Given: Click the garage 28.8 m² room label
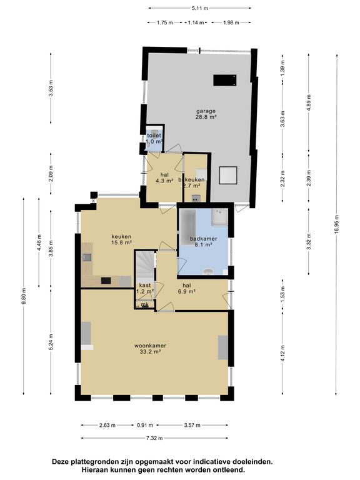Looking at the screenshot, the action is point(206,114).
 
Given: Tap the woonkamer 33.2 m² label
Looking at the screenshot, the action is point(150,349).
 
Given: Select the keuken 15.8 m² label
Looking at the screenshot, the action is point(121,239).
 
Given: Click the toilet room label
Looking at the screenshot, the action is point(154,135).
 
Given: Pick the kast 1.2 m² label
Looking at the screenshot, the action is point(145,288).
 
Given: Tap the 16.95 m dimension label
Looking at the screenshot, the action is point(336,225).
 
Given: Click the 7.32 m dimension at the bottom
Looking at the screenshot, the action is point(154,438).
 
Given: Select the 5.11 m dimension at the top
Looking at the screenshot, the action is point(200,8).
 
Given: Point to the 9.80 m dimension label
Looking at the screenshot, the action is point(24,296).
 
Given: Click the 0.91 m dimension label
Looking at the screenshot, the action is point(145,425).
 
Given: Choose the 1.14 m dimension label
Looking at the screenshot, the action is point(196,22).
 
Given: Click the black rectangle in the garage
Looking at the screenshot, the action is point(225,80).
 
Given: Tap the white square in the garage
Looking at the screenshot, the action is point(228,175).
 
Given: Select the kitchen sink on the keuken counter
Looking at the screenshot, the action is point(87,257).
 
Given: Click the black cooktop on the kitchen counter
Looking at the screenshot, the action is point(106,281).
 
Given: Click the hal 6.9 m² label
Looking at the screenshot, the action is point(187,288).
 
